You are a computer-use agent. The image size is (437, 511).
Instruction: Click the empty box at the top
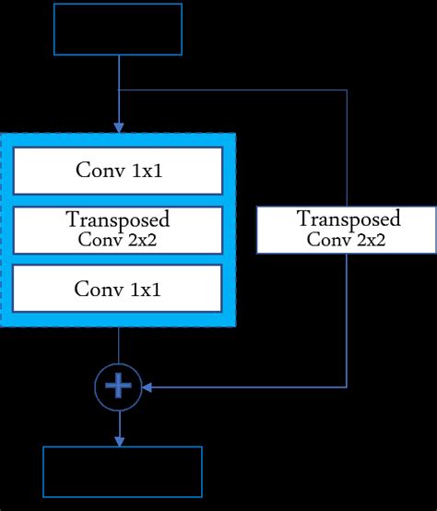[119, 30]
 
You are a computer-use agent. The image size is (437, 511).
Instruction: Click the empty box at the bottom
[122, 472]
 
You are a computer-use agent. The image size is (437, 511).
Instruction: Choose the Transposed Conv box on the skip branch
[346, 230]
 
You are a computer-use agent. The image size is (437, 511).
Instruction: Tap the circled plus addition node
[119, 387]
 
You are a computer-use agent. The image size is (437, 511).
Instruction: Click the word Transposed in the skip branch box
[348, 220]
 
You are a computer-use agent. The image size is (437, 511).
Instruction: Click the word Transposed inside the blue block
[118, 220]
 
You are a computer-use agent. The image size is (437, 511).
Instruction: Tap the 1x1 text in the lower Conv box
[144, 288]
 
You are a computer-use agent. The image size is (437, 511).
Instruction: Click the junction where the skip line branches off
[119, 90]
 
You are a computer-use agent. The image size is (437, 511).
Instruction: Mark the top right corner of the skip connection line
[347, 90]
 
